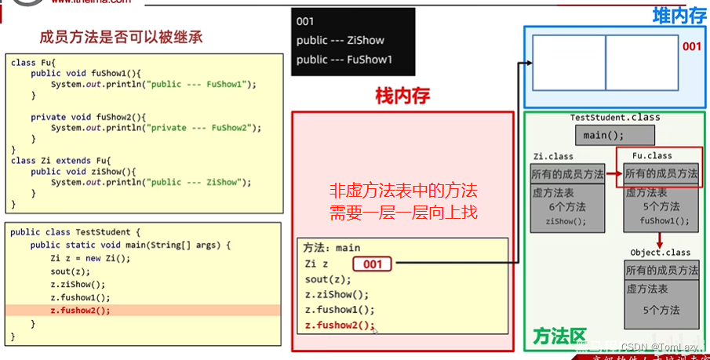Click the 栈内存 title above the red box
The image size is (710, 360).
click(403, 96)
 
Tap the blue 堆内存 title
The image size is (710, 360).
click(679, 15)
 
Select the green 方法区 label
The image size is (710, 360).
click(559, 336)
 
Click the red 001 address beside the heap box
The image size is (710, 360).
click(691, 47)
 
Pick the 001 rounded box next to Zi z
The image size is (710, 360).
click(373, 264)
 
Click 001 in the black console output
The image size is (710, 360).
click(305, 21)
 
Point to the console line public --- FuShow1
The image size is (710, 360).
click(344, 59)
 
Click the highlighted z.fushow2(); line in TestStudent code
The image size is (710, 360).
click(80, 310)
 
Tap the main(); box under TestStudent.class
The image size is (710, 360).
click(604, 135)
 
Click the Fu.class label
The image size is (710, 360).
click(652, 155)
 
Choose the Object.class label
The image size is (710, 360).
click(660, 253)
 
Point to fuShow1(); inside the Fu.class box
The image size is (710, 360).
click(664, 221)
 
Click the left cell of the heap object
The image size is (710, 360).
click(568, 63)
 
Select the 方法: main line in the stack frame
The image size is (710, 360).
click(332, 248)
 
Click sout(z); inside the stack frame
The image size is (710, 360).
click(328, 279)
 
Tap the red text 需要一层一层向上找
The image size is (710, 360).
click(403, 212)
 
